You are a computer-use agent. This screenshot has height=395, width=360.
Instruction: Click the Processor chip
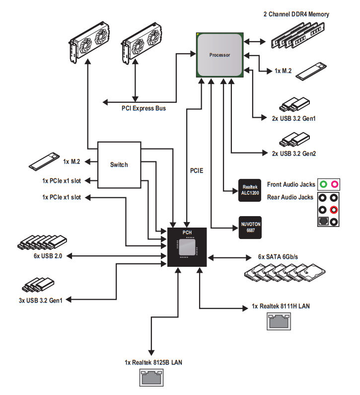tap(220, 55)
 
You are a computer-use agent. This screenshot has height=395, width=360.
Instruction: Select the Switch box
tap(119, 165)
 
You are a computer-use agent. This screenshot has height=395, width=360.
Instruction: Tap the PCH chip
tap(187, 247)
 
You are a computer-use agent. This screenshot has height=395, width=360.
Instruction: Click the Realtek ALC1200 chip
tap(250, 190)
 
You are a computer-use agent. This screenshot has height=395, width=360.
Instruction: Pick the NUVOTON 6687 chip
tap(250, 227)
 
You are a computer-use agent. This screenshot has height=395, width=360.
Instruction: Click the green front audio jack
tap(323, 184)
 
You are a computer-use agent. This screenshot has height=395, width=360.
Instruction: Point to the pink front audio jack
tap(334, 184)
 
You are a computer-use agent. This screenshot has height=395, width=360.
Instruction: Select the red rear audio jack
tap(334, 209)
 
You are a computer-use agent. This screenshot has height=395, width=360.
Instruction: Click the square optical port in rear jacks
tap(323, 221)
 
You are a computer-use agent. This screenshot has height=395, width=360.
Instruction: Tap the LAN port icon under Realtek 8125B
tap(151, 378)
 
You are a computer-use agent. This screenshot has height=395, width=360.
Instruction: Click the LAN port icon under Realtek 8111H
tap(279, 321)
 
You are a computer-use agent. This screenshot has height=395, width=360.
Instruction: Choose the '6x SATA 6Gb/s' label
tap(278, 257)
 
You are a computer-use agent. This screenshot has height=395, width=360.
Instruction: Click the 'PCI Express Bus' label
tap(144, 108)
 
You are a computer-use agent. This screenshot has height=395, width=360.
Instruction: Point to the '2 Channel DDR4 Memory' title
tap(296, 14)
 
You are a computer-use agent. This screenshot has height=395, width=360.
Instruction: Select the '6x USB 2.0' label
tap(48, 256)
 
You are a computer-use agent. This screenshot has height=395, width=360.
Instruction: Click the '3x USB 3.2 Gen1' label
tap(41, 300)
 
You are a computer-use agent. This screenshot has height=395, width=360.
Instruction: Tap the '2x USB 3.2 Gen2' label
tap(294, 154)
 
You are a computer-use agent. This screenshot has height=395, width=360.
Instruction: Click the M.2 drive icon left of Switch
tap(44, 161)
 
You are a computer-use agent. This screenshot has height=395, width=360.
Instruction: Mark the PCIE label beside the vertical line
tap(197, 170)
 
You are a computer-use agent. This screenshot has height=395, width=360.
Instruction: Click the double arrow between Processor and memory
tap(255, 42)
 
